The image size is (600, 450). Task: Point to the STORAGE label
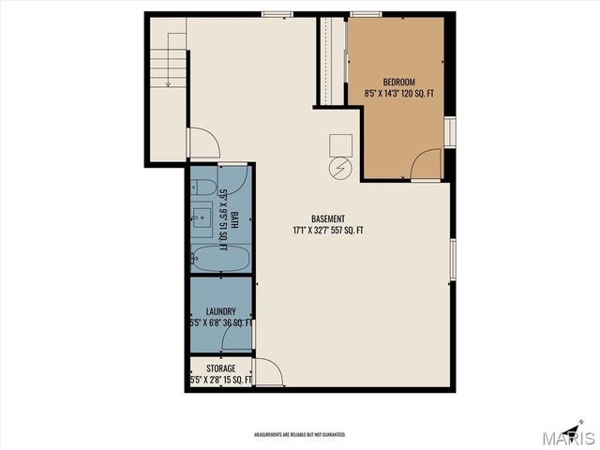220,368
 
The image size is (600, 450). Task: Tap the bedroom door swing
426,164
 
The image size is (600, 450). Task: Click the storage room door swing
268,372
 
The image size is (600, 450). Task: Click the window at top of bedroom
366,13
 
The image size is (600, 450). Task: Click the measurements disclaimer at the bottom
300,435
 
